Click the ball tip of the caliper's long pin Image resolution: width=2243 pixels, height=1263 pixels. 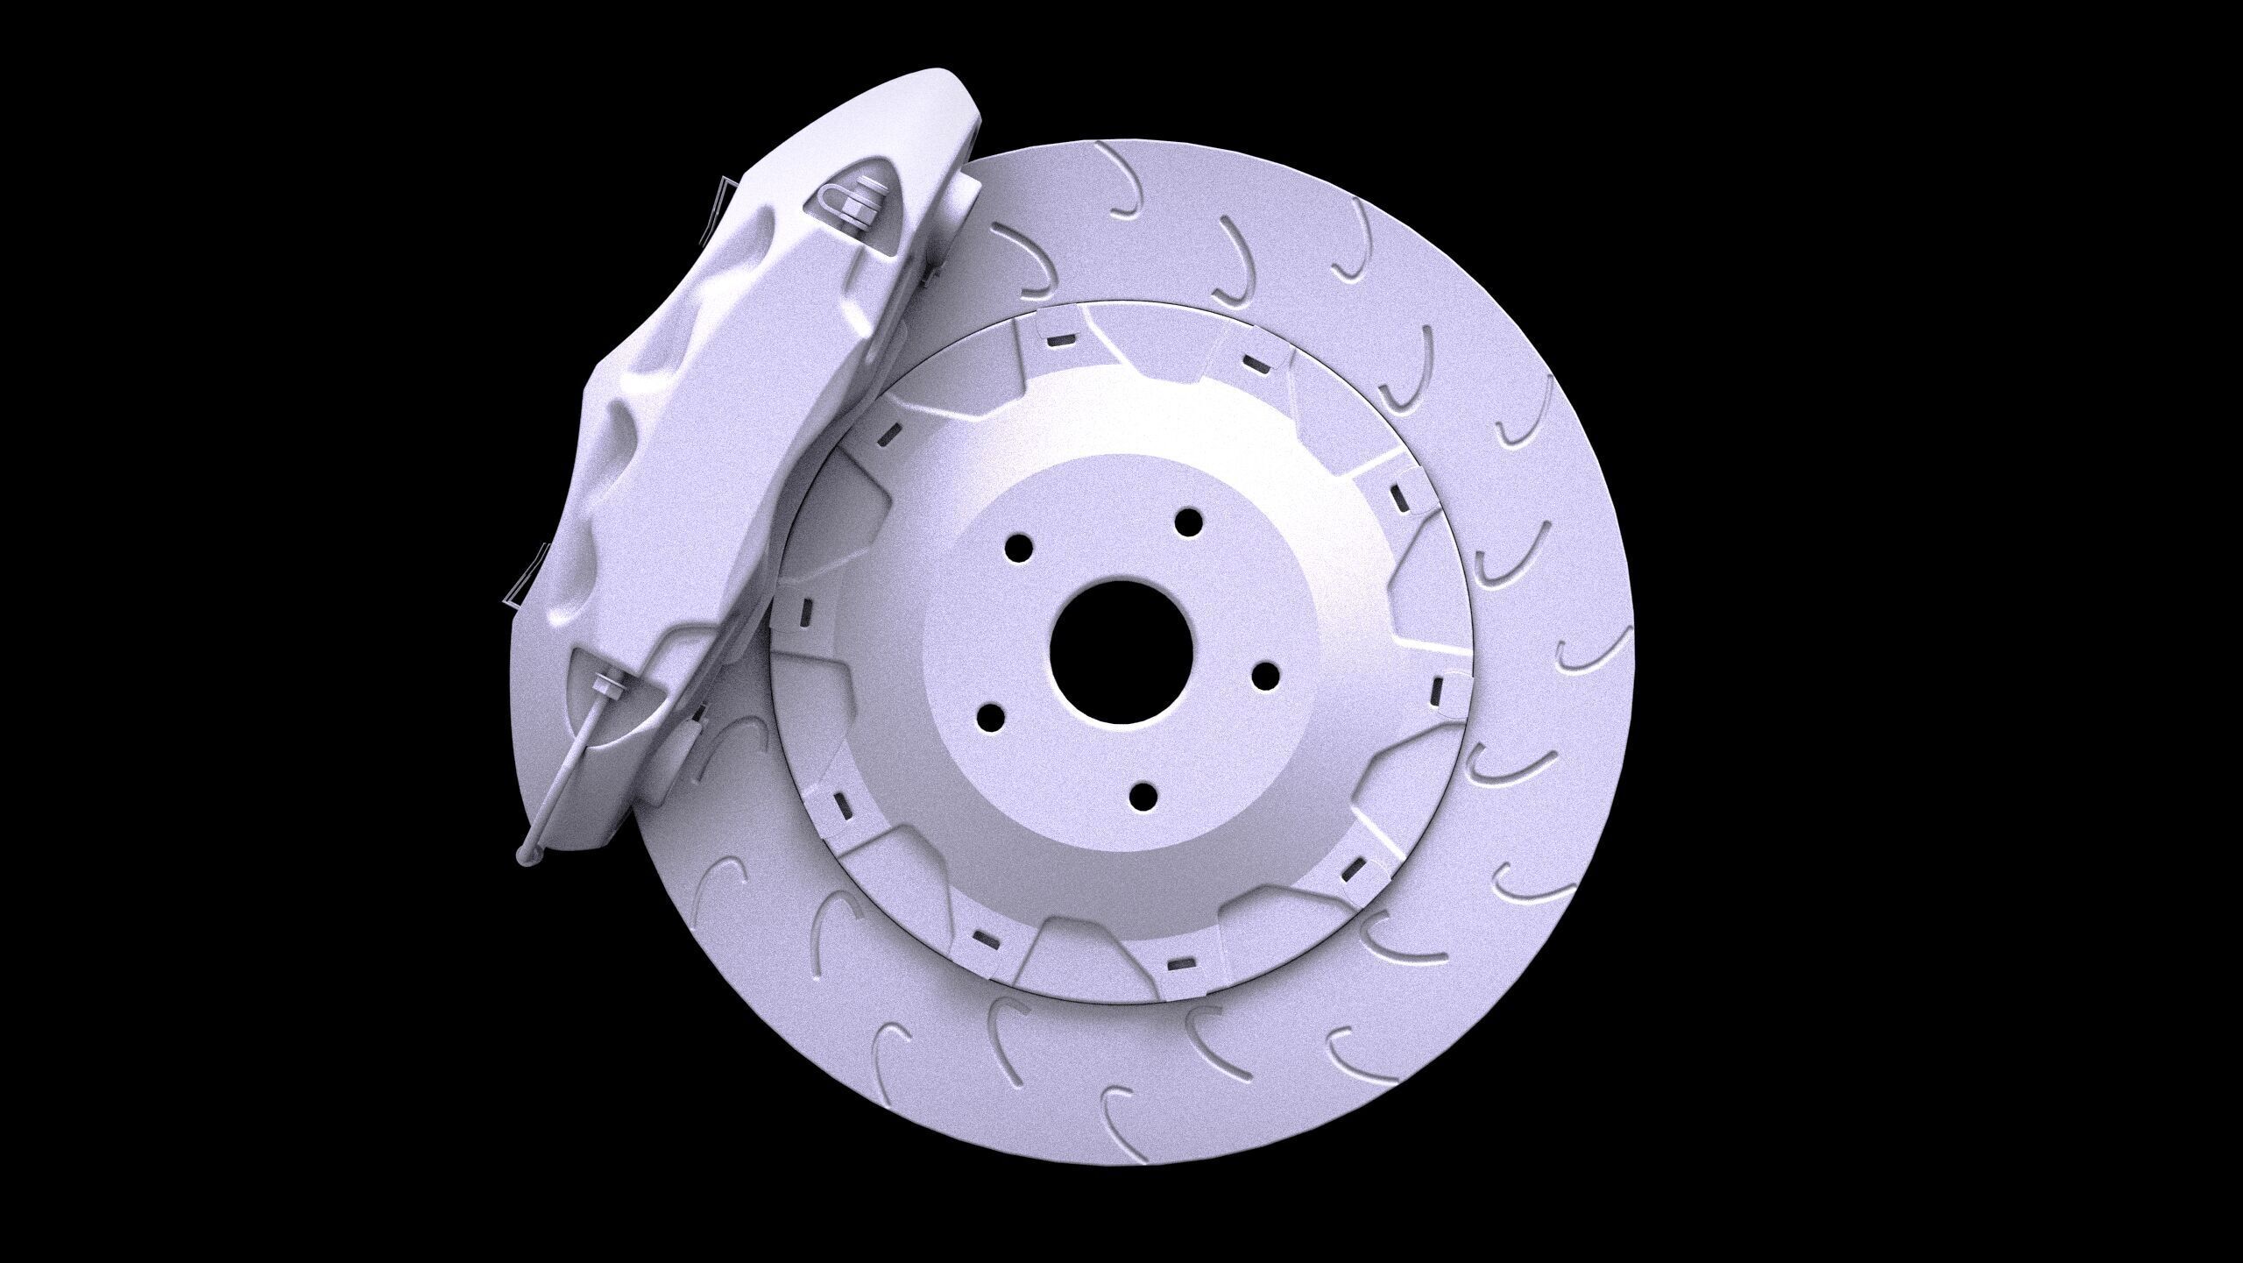pyautogui.click(x=528, y=856)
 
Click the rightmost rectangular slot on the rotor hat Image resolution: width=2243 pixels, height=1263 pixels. pyautogui.click(x=1437, y=689)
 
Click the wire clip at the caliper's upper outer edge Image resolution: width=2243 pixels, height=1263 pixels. pyautogui.click(x=726, y=208)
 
